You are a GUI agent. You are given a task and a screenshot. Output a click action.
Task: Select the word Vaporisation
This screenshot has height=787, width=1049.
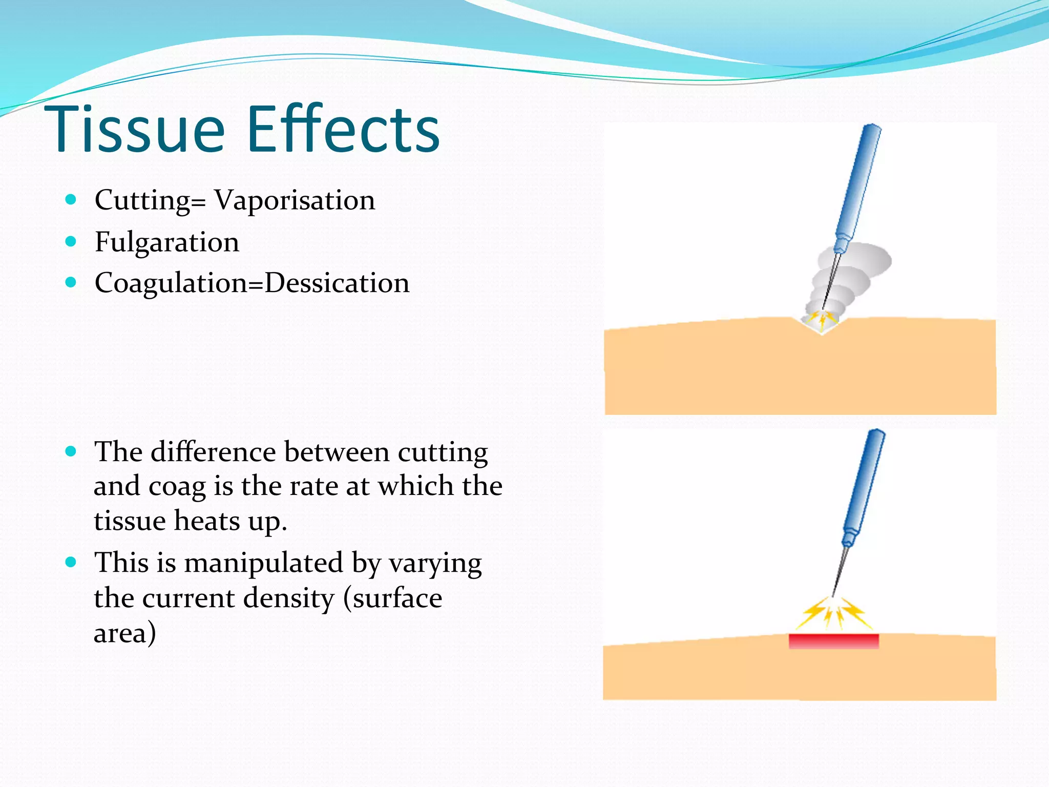(295, 200)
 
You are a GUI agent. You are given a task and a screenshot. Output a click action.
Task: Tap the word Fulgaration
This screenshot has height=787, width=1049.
(167, 242)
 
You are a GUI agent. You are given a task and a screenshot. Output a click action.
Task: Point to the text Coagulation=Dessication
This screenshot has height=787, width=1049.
(252, 283)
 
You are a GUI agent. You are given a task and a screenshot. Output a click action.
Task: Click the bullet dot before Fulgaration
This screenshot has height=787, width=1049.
(71, 241)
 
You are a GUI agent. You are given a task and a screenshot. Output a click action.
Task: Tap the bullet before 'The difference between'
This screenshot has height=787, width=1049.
(71, 451)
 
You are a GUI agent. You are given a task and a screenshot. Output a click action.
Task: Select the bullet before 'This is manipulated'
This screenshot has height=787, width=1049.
(71, 562)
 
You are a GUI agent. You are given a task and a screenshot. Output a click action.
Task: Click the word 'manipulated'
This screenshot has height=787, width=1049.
(264, 563)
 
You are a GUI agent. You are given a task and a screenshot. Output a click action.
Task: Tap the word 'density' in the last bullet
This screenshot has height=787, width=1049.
(288, 598)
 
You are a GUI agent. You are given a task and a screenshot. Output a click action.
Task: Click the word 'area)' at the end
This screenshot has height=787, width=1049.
(124, 633)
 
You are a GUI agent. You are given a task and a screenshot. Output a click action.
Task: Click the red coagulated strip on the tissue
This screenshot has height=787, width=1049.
(833, 641)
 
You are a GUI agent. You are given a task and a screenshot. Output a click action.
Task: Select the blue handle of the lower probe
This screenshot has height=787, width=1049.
(865, 487)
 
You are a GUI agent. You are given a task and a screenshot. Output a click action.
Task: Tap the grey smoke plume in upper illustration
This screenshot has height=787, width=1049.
(853, 266)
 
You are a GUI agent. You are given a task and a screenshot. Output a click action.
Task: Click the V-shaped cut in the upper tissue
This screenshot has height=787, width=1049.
(822, 325)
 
